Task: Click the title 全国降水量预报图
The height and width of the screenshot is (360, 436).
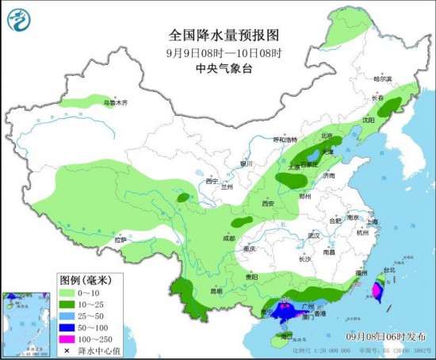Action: point(225,36)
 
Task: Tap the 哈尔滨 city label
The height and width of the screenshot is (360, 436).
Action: point(383,79)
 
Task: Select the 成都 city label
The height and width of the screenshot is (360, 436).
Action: point(228,237)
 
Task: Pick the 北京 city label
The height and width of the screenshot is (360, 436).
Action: point(327,135)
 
